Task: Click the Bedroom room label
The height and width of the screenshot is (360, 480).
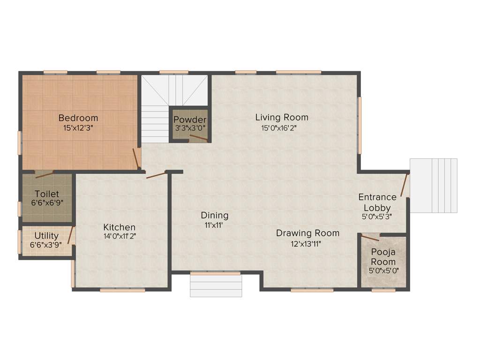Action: tap(78, 118)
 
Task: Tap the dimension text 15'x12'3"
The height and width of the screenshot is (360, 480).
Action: tap(78, 127)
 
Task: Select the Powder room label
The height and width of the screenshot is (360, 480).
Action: tap(190, 120)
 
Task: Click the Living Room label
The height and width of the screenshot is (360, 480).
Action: tap(282, 117)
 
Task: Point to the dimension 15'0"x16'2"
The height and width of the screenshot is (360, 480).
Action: tap(279, 127)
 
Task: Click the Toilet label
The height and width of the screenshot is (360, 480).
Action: tap(47, 194)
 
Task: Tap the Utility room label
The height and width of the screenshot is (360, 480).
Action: tap(46, 236)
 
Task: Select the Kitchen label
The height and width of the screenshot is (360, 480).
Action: tap(120, 227)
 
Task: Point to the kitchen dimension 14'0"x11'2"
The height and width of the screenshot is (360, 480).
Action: tap(120, 237)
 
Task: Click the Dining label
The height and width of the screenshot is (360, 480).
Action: tap(215, 215)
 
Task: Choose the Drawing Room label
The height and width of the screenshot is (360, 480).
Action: tap(307, 233)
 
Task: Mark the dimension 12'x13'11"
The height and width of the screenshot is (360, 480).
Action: tap(306, 243)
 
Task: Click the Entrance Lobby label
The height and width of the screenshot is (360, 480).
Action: tap(377, 202)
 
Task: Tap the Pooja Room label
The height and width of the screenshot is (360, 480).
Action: tap(383, 257)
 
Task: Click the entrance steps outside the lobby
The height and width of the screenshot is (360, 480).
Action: tap(434, 185)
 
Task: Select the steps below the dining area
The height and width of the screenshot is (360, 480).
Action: tap(216, 285)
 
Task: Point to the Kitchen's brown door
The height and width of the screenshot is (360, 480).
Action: tap(156, 175)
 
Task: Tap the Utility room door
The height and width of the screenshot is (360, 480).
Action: tap(71, 235)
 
